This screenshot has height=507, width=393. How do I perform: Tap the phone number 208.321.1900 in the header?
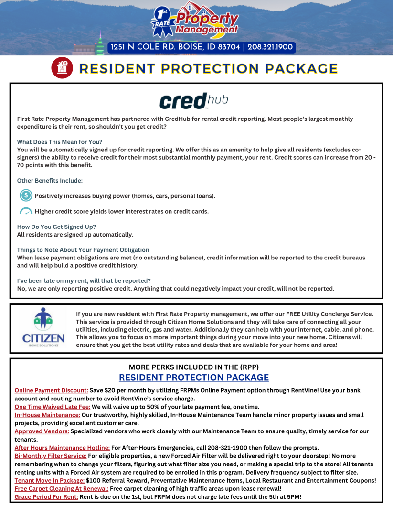tap(270, 47)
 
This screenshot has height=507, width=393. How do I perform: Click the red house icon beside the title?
tap(61, 68)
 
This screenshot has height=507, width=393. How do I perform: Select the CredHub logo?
tap(193, 101)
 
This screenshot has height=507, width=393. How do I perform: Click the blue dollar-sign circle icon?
tap(26, 195)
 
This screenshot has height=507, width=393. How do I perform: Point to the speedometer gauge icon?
tap(26, 211)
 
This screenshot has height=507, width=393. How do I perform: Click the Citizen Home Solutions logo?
tap(43, 330)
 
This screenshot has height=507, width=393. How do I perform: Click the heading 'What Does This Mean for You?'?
tap(60, 142)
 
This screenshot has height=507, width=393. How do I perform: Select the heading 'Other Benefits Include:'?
tap(50, 181)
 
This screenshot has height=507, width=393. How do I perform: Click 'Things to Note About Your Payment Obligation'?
tap(83, 250)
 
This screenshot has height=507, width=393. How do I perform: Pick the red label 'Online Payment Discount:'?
tap(52, 390)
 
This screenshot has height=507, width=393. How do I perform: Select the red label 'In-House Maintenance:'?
tap(47, 415)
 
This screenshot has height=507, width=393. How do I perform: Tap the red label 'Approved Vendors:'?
tap(42, 431)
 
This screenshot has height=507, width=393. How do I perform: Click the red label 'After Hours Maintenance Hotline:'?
tap(62, 448)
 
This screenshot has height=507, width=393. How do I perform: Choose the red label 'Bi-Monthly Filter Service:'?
tap(50, 456)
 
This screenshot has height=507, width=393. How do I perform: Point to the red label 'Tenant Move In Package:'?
tap(50, 480)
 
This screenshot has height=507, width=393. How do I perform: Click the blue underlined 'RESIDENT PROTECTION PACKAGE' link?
tap(194, 378)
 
